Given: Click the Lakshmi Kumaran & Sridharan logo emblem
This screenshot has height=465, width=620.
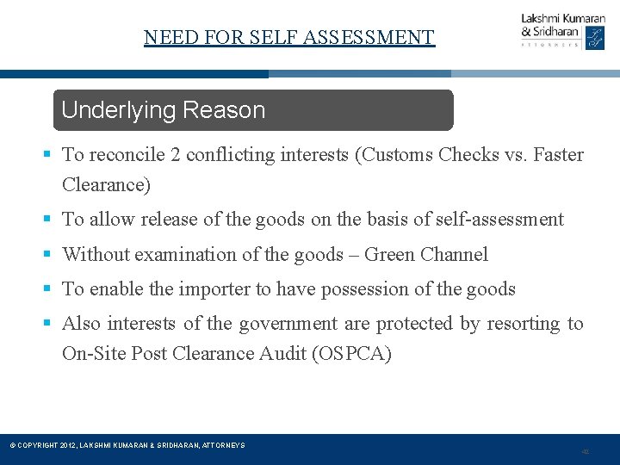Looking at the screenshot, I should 595,38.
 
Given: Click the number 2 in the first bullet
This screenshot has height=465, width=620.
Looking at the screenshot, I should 175,155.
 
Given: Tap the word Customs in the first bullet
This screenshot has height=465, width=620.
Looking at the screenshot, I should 398,155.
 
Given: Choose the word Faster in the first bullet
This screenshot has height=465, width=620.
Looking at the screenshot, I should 558,155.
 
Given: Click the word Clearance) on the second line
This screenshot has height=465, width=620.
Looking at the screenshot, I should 106,184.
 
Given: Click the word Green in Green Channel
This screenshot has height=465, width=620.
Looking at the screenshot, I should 388,254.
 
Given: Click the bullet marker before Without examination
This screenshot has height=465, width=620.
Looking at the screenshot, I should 47,254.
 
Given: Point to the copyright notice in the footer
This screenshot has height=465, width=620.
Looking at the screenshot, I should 127,445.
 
